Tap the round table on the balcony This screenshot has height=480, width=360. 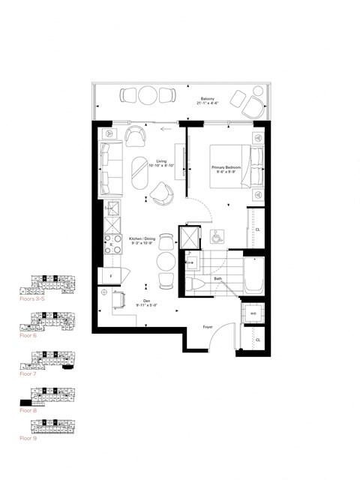(x=148, y=95)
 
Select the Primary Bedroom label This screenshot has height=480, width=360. (x=223, y=169)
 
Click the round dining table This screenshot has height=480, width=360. (x=166, y=261)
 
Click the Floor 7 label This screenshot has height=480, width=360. (x=28, y=372)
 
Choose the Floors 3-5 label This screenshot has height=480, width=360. (x=32, y=298)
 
